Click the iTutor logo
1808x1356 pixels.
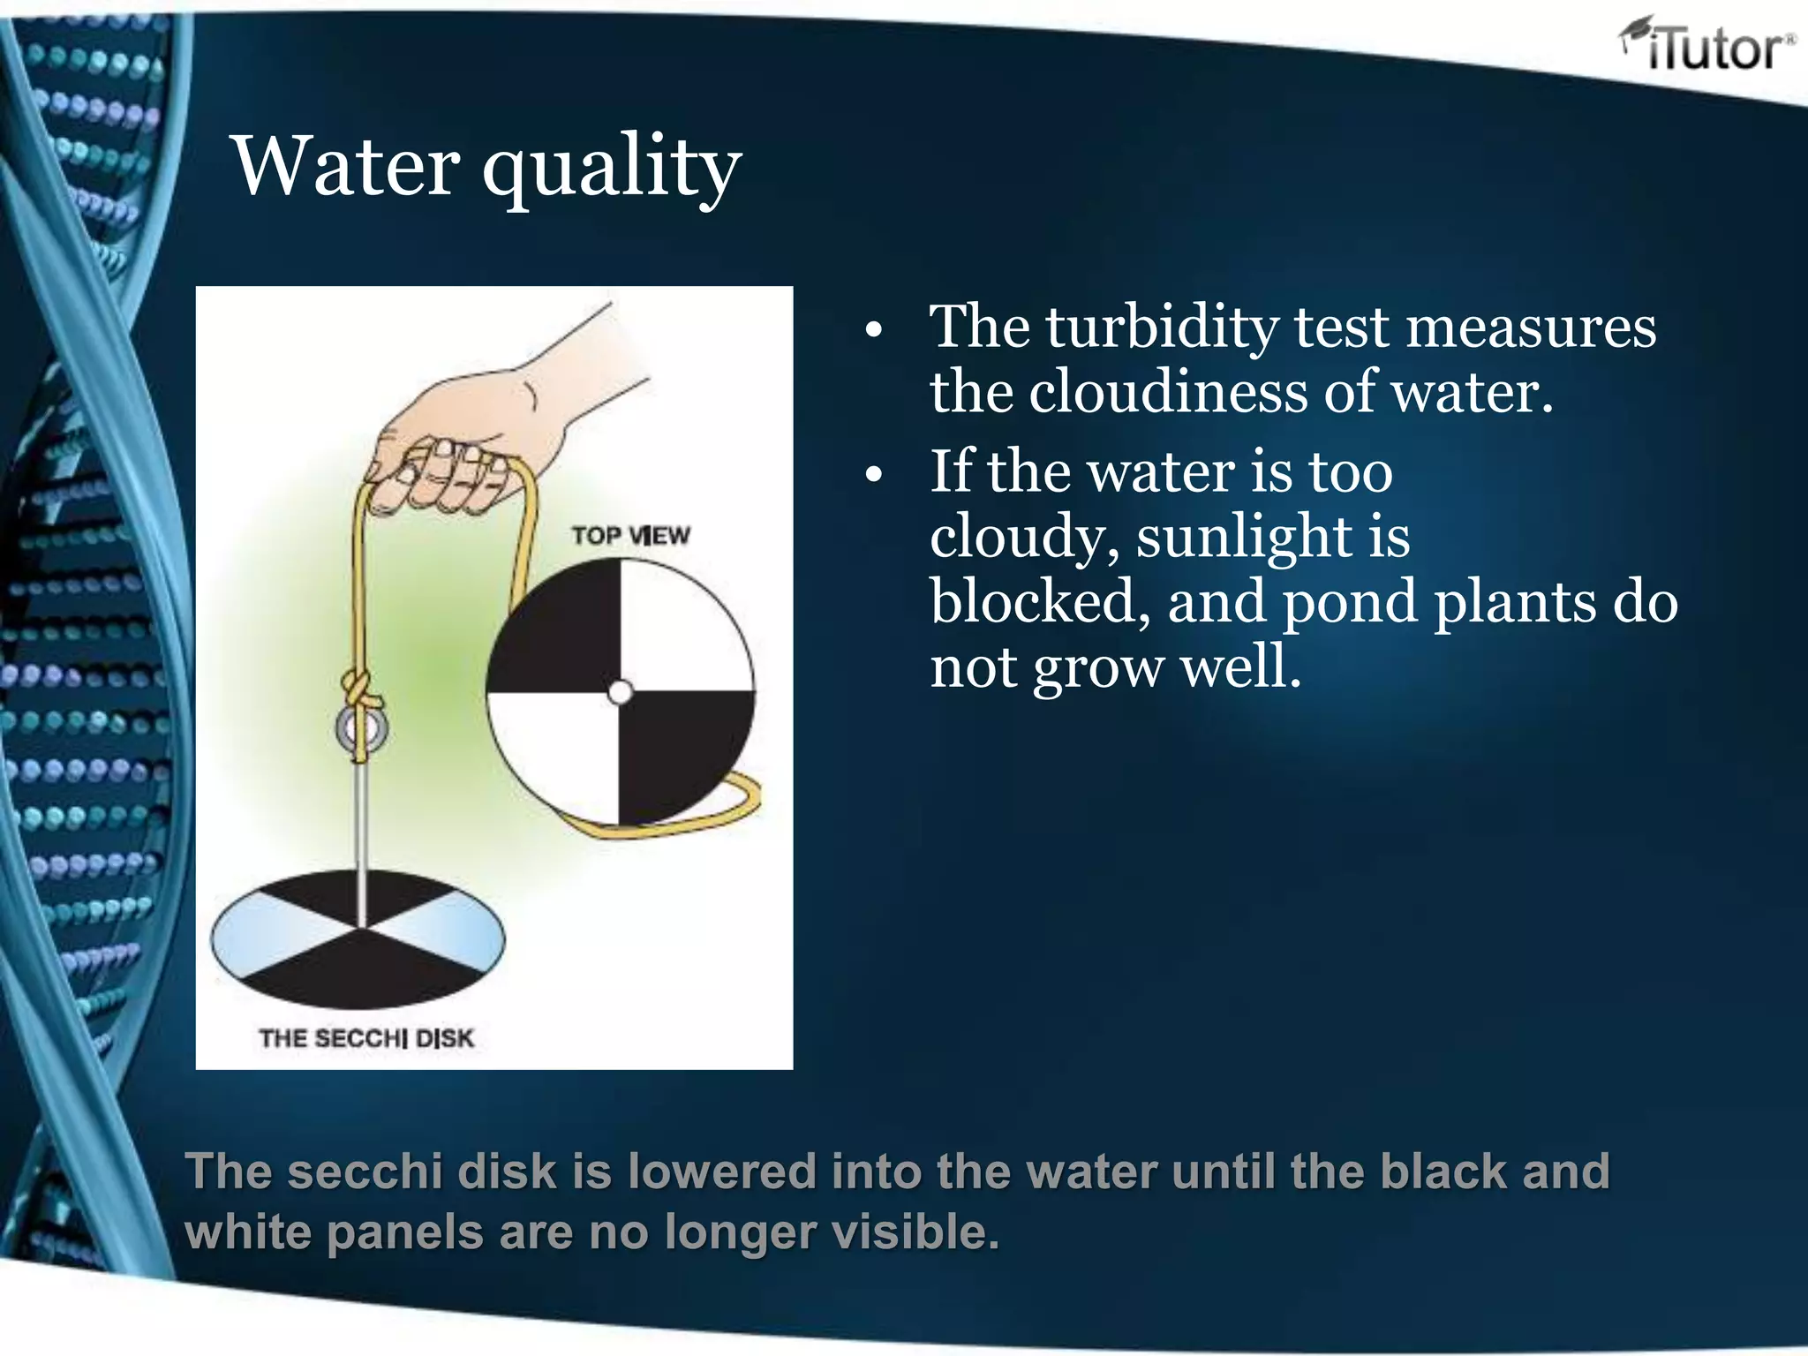[x=1706, y=46]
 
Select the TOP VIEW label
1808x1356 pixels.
[x=630, y=536]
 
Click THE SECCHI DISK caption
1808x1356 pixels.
[x=366, y=1038]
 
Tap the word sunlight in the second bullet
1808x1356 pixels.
[x=1243, y=537]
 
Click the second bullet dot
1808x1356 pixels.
[x=873, y=475]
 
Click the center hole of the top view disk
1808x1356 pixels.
[x=621, y=692]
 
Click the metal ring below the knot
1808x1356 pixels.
[x=361, y=730]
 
